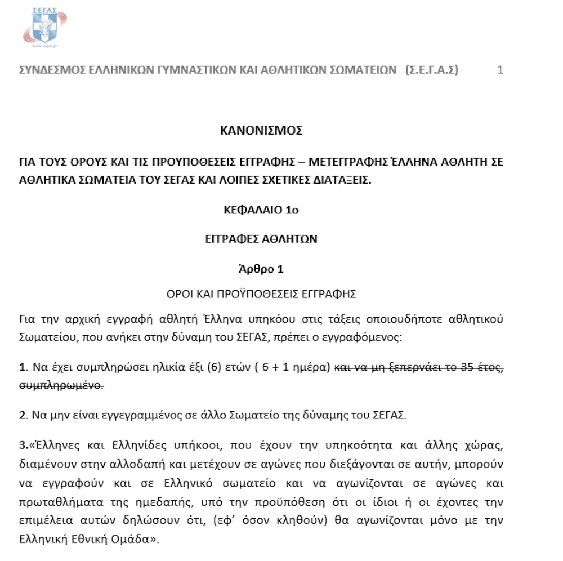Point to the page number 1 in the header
click(x=500, y=70)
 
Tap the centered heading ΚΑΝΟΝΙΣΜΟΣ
click(x=261, y=131)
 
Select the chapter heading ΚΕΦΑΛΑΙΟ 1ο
click(x=261, y=211)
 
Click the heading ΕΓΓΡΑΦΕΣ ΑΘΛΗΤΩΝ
click(x=261, y=239)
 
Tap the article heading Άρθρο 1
click(x=261, y=269)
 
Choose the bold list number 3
click(x=23, y=446)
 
